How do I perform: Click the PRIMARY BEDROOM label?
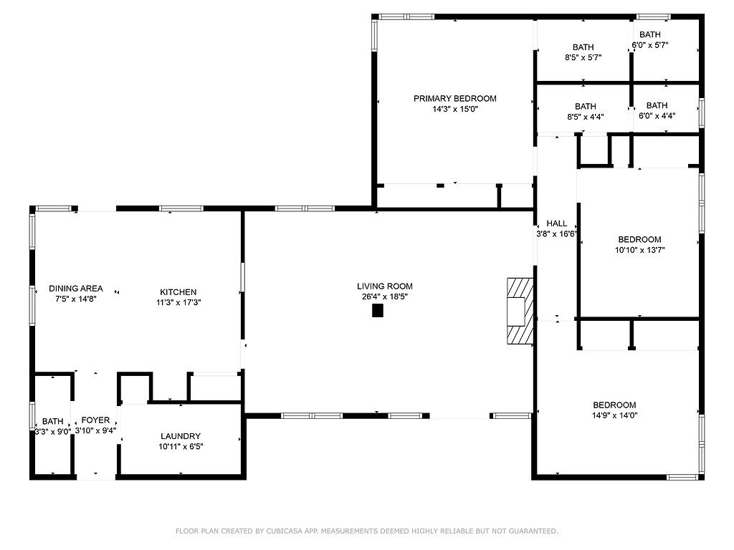[455, 99]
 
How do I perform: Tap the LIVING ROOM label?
[385, 286]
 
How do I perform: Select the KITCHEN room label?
[178, 292]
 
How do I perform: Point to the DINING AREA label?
[76, 289]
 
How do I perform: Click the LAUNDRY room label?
[181, 436]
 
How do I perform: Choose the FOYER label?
[95, 420]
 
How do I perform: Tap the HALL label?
[556, 223]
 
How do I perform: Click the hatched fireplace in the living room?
[520, 312]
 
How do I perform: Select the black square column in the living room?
[378, 311]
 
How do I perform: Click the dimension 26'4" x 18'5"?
[385, 296]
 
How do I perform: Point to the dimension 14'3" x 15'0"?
[455, 110]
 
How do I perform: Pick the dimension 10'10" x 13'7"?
[640, 250]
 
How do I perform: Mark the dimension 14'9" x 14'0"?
[614, 415]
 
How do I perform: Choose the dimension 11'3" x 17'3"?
[178, 303]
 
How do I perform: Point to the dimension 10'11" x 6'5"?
[181, 447]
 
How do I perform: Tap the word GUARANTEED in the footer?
[533, 531]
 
